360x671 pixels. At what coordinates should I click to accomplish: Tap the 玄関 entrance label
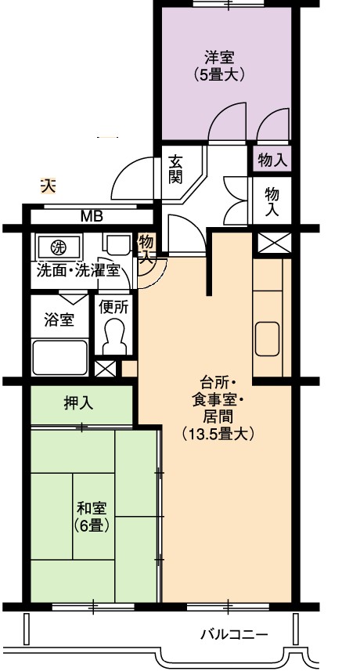(x=175, y=169)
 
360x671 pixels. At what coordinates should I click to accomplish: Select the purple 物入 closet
(x=272, y=161)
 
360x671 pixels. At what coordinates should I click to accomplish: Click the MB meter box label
(x=92, y=217)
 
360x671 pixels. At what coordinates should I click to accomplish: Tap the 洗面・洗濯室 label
(x=78, y=271)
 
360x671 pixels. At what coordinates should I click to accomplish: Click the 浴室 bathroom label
(x=59, y=319)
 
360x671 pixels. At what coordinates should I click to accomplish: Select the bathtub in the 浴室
(x=59, y=357)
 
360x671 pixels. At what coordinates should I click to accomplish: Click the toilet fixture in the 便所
(x=114, y=337)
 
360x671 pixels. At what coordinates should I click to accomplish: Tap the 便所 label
(x=113, y=307)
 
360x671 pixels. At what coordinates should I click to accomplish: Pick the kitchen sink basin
(x=267, y=339)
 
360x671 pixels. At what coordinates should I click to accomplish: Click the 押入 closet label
(x=79, y=403)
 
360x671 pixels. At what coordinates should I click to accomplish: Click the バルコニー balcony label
(x=234, y=633)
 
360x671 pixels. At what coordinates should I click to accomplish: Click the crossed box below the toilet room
(x=105, y=369)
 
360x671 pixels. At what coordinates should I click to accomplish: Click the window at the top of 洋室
(x=228, y=4)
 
